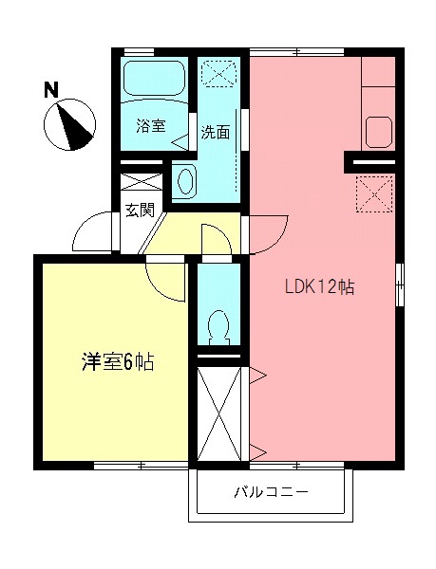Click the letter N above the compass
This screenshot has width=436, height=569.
[x=51, y=90]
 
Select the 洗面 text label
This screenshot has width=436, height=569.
[x=215, y=133]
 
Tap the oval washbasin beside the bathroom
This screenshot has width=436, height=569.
[x=186, y=179]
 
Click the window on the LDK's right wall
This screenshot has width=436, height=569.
[x=400, y=281]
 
